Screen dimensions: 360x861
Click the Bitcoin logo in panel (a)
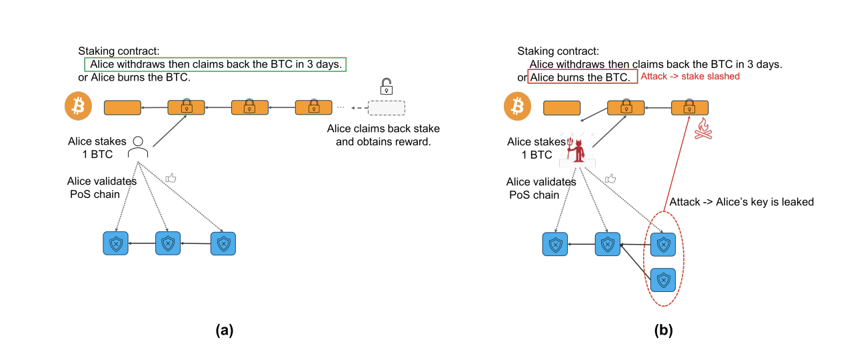tap(78, 107)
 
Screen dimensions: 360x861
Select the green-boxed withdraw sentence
tap(216, 65)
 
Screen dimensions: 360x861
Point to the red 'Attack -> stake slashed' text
tap(690, 77)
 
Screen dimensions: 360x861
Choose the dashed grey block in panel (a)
tap(386, 107)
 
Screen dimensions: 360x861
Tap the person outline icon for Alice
tap(138, 147)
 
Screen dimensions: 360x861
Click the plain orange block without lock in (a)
tap(123, 107)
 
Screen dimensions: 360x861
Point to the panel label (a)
tap(224, 329)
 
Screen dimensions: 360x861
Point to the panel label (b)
tap(663, 329)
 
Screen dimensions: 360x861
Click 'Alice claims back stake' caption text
tap(383, 129)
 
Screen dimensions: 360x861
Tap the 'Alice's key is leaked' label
tap(741, 201)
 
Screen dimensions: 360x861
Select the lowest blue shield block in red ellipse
tap(663, 281)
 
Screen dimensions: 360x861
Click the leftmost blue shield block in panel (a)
tap(115, 244)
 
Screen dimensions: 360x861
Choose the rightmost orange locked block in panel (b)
tap(690, 107)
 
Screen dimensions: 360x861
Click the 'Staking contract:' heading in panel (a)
tap(119, 51)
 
